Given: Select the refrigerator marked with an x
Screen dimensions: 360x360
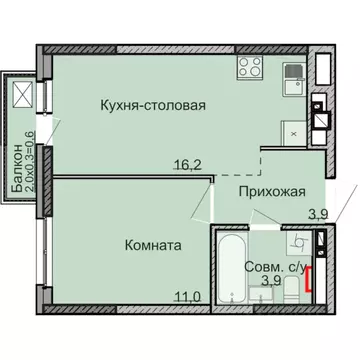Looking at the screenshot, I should (291, 131).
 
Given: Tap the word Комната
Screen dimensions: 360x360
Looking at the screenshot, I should (154, 243).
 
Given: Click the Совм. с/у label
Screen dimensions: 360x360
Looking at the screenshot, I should (272, 267).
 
